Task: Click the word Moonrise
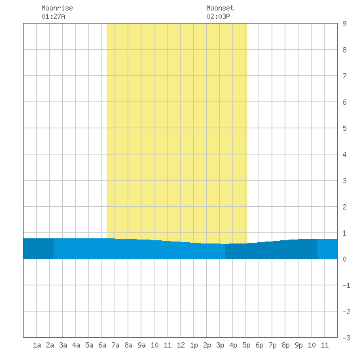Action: pyautogui.click(x=57, y=8)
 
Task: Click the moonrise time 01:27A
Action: pyautogui.click(x=53, y=16)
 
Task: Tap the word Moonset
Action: pyautogui.click(x=220, y=8)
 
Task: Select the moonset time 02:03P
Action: pyautogui.click(x=218, y=16)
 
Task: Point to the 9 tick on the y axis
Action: pyautogui.click(x=344, y=24)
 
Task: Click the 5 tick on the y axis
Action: pyautogui.click(x=344, y=128)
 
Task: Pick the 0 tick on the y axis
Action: pyautogui.click(x=344, y=259)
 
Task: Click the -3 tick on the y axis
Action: pyautogui.click(x=346, y=338)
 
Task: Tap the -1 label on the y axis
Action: pyautogui.click(x=346, y=285)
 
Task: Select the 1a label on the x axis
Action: pyautogui.click(x=37, y=345)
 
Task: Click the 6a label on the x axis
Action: pyautogui.click(x=102, y=345)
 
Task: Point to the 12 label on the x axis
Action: pyautogui.click(x=181, y=345)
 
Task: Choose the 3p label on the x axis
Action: pyautogui.click(x=220, y=345)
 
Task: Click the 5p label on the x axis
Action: pyautogui.click(x=246, y=345)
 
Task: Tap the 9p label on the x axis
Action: pyautogui.click(x=298, y=345)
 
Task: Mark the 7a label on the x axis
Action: pyautogui.click(x=115, y=345)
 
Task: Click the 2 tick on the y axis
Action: pyautogui.click(x=344, y=207)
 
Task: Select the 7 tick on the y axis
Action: pyautogui.click(x=344, y=76)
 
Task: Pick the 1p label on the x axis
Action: pyautogui.click(x=194, y=345)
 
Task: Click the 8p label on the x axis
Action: pyautogui.click(x=285, y=345)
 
